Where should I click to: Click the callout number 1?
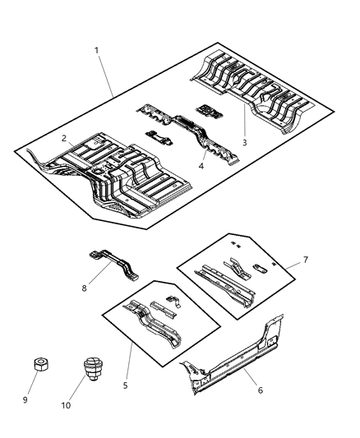[x=96, y=51]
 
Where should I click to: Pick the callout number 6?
[x=260, y=390]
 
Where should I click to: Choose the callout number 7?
[x=307, y=260]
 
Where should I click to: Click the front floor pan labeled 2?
[x=107, y=177]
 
